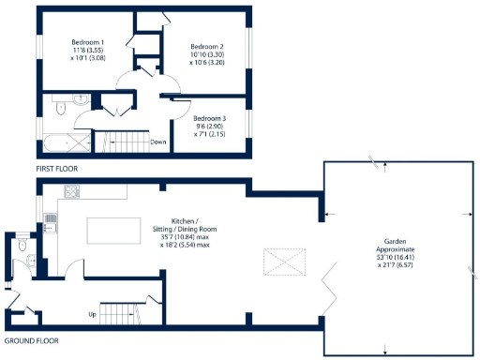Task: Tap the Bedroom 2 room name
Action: pyautogui.click(x=207, y=47)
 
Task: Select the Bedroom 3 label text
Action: pyautogui.click(x=209, y=118)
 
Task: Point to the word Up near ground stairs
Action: pyautogui.click(x=91, y=313)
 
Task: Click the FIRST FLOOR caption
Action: pyautogui.click(x=56, y=169)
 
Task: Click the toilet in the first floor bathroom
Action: pyautogui.click(x=60, y=110)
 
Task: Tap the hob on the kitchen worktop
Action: pyautogui.click(x=71, y=192)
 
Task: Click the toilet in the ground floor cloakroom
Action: pyautogui.click(x=21, y=244)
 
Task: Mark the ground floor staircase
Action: pyautogui.click(x=121, y=312)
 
